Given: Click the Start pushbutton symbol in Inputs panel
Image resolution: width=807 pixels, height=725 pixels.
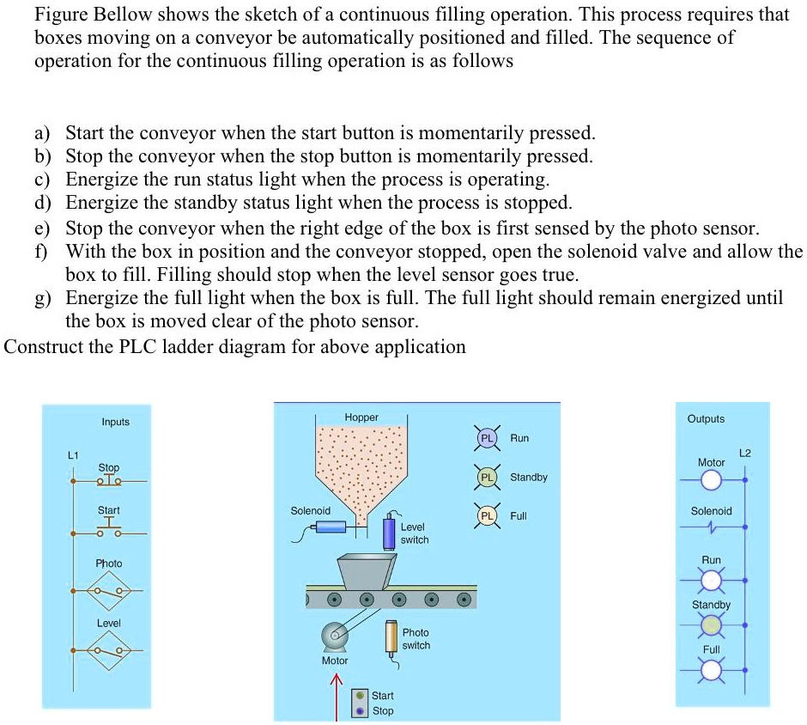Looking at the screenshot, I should [x=109, y=529].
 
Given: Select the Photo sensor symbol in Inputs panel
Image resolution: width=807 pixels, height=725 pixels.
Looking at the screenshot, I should [x=110, y=591].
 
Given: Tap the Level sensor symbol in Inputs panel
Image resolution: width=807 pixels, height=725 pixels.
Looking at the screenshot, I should [x=110, y=650].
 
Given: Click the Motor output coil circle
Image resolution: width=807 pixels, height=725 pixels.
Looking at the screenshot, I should [x=711, y=478].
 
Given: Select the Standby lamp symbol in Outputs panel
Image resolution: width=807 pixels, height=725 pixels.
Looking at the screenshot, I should [x=711, y=628].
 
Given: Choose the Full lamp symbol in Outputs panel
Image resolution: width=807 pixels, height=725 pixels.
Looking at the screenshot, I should [x=711, y=672].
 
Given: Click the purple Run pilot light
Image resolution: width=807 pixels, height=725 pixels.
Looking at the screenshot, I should [x=486, y=438].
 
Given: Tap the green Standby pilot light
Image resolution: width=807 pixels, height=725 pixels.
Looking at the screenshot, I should [x=486, y=477].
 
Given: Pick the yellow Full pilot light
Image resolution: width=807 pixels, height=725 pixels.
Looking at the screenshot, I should [x=486, y=516].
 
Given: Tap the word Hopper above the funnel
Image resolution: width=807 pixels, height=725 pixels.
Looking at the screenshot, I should [x=361, y=417].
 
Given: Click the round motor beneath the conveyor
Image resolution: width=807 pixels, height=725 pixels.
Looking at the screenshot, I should [x=333, y=637].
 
